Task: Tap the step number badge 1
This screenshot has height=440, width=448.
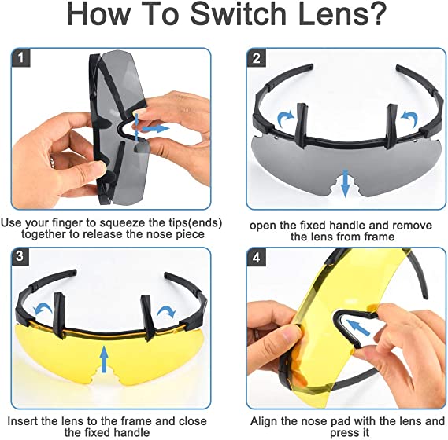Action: tap(21, 57)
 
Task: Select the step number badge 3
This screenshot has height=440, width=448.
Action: tap(21, 258)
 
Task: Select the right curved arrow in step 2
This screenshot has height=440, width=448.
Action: tap(408, 116)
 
